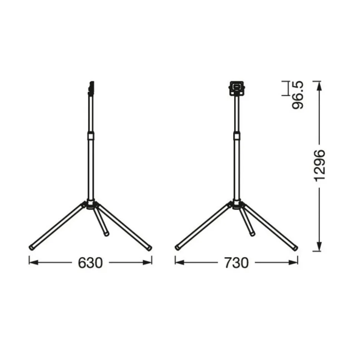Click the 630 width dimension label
point(90,262)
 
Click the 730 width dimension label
point(236,262)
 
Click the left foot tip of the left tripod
point(32,247)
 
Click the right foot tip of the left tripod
point(149,247)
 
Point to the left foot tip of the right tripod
point(178,247)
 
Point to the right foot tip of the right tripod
point(295,247)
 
